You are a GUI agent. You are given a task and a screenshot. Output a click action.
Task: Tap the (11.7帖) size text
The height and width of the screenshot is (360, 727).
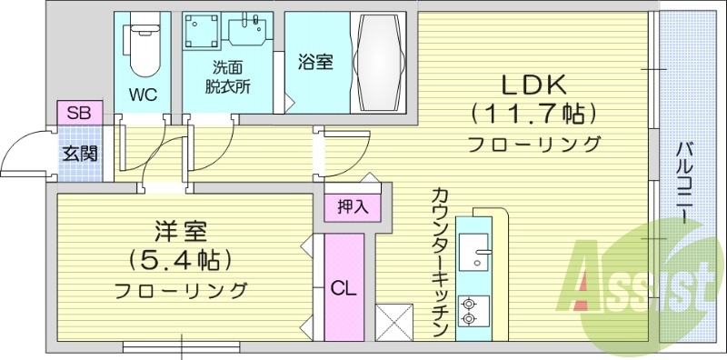pos(534,114)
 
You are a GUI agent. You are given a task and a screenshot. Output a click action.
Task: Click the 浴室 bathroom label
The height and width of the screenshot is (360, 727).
pos(315,62)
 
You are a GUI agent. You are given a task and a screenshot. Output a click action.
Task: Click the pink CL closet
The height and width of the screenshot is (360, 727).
pos(343,288)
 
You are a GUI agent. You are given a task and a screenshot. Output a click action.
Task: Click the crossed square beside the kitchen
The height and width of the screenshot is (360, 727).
pos(393,321)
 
